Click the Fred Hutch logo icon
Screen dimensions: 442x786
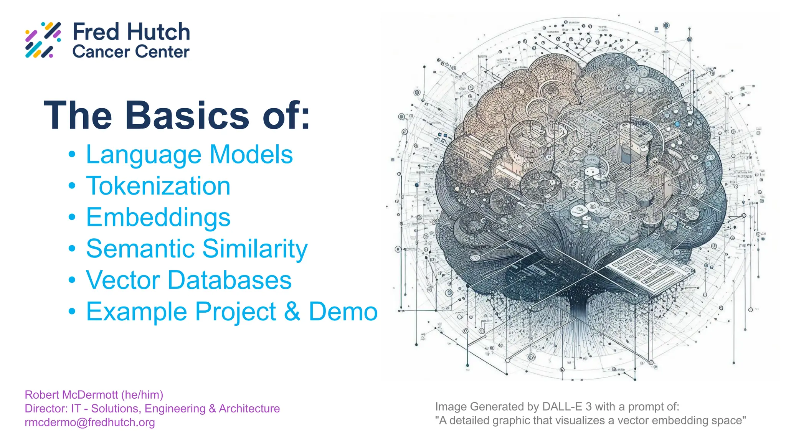click(x=43, y=40)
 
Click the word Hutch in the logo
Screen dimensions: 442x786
click(x=159, y=32)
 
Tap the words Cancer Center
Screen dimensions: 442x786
click(x=131, y=52)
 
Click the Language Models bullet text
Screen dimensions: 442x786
click(x=189, y=155)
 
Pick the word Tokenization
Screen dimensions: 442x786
click(x=158, y=186)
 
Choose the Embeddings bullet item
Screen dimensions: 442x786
click(x=158, y=218)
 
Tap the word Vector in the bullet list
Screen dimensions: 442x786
click(x=122, y=280)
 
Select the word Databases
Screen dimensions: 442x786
click(x=230, y=280)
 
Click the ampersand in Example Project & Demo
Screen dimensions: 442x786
click(x=292, y=311)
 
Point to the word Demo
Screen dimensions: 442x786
click(x=343, y=311)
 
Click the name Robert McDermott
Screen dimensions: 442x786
click(x=71, y=395)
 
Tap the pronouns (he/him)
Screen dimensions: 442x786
click(x=142, y=395)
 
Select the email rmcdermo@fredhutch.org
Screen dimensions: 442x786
click(x=90, y=422)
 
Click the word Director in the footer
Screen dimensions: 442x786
click(x=45, y=409)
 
